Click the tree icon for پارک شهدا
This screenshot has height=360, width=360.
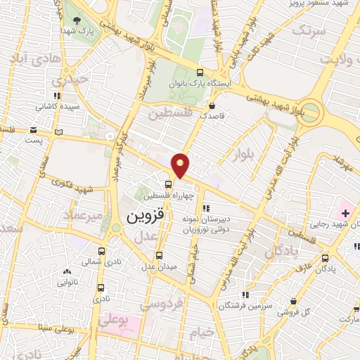[x=77, y=20]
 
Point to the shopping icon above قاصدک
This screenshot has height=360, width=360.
[x=212, y=105]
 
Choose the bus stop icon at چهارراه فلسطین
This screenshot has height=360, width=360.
[x=159, y=186]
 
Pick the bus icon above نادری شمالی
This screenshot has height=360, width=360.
[x=101, y=251]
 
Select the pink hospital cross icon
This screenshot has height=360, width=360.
[x=345, y=212]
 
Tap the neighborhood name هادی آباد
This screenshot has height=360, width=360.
[x=25, y=58]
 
